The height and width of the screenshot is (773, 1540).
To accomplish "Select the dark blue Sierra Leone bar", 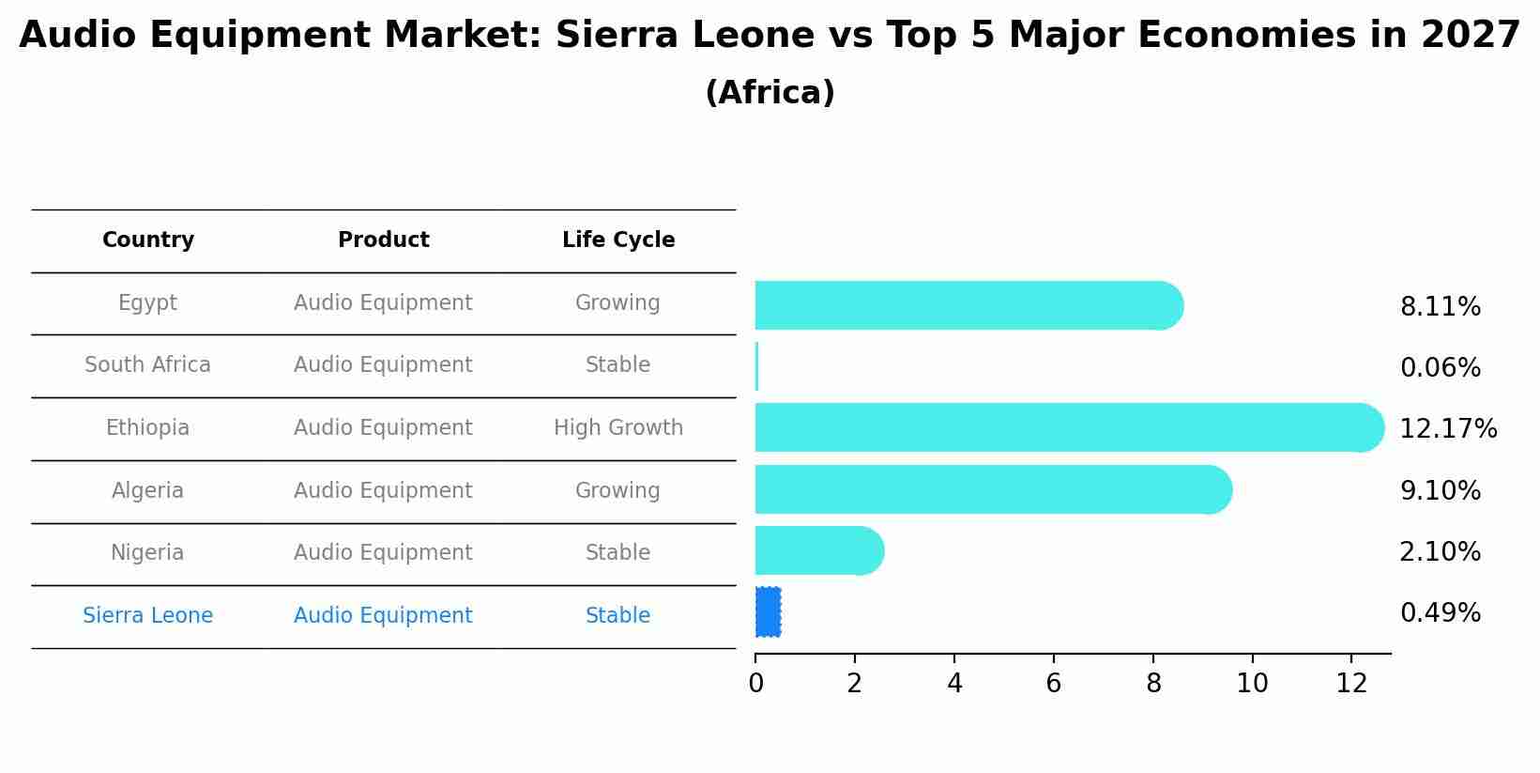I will coord(768,612).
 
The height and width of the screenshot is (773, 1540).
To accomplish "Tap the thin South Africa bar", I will coord(756,366).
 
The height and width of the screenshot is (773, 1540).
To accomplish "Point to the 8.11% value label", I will coord(1440,307).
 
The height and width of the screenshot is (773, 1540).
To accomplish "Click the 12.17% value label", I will coord(1447,429).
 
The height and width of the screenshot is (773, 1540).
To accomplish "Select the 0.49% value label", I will coord(1440,613).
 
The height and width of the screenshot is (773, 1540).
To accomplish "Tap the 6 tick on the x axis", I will coord(1053,684).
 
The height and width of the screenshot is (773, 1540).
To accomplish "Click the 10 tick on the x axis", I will coord(1252,684).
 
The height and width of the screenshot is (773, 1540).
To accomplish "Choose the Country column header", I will coord(147,240).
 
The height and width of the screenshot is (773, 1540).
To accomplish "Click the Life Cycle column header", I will coord(618,240).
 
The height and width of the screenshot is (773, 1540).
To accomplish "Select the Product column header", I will coord(383,240).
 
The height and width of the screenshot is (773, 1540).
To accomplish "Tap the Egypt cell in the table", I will coord(147,303).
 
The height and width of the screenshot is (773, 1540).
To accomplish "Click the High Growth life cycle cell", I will coord(618,428).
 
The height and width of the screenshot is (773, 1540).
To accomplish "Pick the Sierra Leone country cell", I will coord(147,616).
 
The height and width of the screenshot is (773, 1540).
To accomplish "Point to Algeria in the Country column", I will coord(147,491).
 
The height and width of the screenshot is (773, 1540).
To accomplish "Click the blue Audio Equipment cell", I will coord(383,616).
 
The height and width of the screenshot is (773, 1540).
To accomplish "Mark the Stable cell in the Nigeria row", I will coord(618,553).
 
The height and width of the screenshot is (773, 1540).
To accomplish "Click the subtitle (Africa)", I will coord(770,93).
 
